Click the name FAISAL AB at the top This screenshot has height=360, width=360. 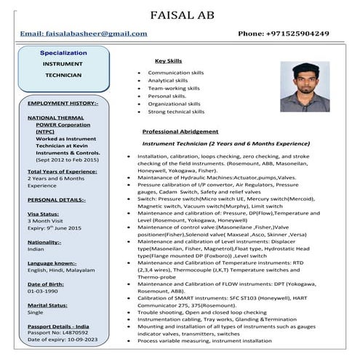click(180, 15)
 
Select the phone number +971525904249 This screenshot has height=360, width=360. click(283, 33)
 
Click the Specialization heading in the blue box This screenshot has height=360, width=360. click(63, 53)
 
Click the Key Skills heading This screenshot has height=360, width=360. click(169, 61)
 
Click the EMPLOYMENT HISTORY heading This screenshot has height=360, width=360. click(57, 103)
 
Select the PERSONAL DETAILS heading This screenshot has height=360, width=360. click(56, 199)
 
